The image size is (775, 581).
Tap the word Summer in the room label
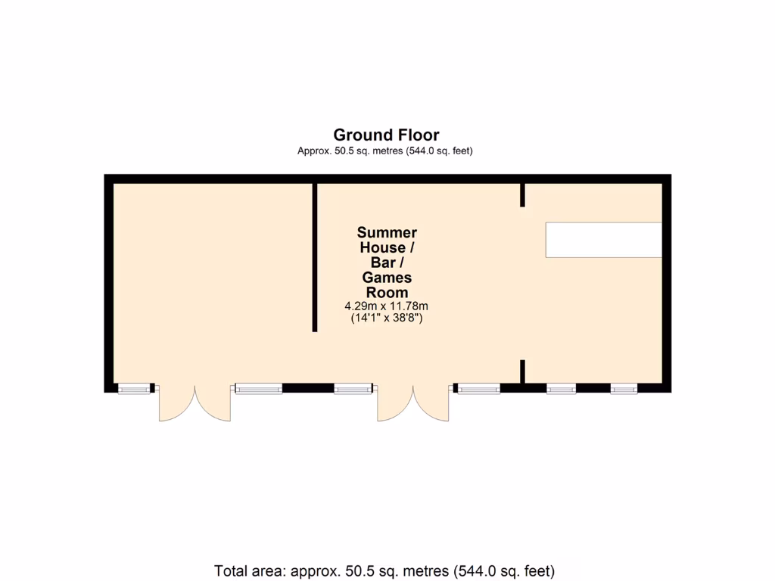387,233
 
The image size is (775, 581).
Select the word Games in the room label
387,278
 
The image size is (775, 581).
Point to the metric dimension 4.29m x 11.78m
387,306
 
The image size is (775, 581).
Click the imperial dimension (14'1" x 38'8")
387,318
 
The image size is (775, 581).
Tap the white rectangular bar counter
604,240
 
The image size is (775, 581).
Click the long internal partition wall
315,257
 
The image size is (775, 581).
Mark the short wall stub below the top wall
522,194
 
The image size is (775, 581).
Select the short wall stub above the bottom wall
522,371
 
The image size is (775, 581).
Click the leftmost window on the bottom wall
135,389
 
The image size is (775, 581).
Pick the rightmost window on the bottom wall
624,389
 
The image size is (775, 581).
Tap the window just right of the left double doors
258,389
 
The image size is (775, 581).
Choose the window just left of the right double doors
354,389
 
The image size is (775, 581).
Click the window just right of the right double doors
478,389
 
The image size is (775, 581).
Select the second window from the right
561,389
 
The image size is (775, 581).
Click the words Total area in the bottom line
249,570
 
